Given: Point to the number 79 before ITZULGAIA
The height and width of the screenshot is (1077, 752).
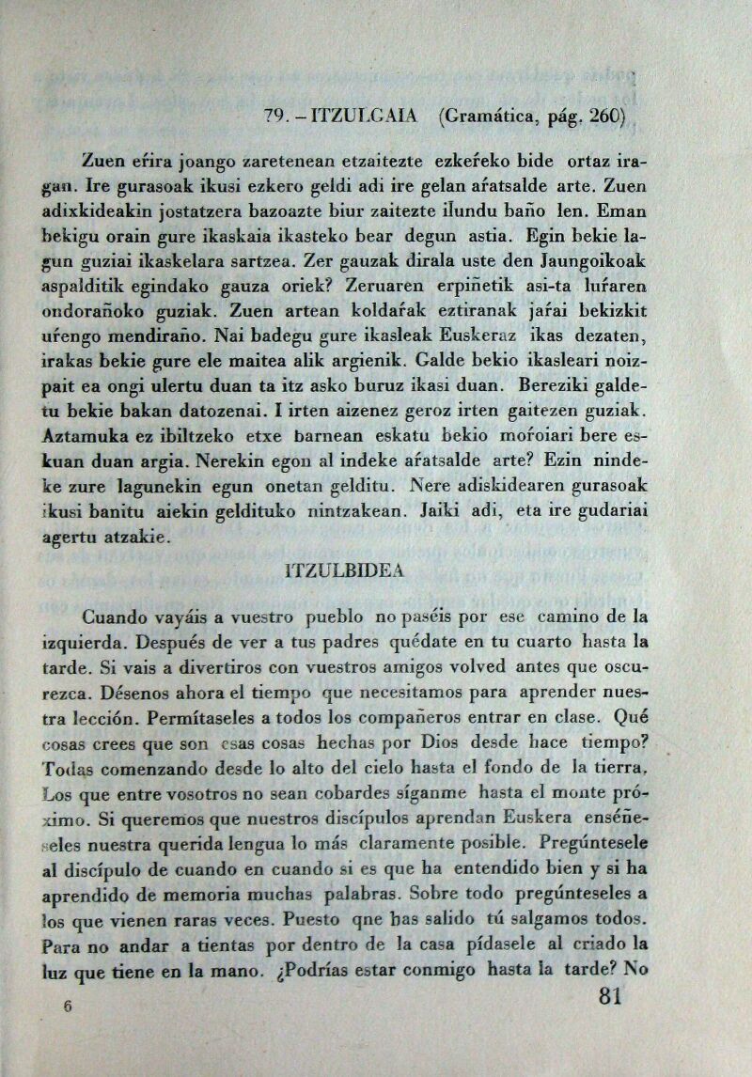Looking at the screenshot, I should (274, 118).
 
